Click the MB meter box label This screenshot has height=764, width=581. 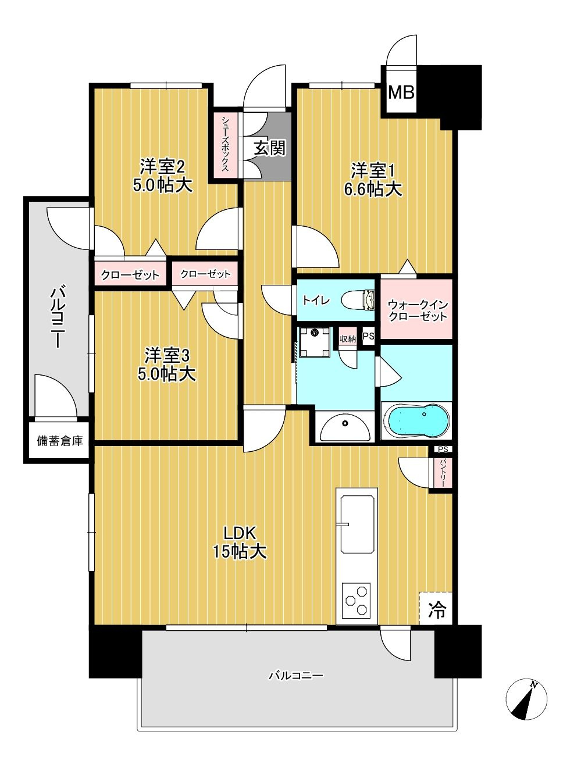[401, 92]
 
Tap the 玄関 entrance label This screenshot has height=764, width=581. [269, 148]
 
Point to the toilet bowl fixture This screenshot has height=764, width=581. [358, 299]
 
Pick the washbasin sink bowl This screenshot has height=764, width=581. [345, 427]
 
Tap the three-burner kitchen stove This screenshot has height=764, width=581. [357, 601]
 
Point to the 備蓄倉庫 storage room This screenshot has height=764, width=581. [59, 441]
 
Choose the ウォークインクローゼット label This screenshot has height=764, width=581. [418, 311]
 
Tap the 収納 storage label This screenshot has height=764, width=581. [348, 338]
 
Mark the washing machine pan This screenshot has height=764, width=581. [315, 341]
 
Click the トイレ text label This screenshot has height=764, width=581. [316, 300]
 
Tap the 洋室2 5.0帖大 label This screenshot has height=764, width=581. [163, 176]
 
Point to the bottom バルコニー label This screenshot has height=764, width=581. [295, 676]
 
